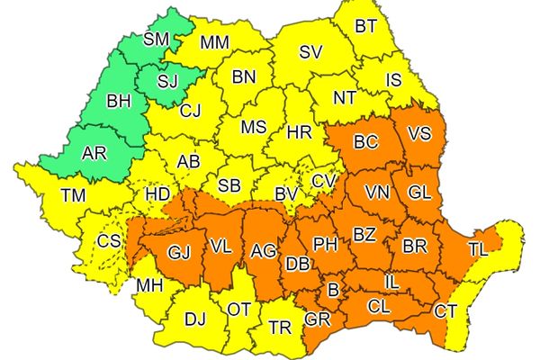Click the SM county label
[x=156, y=40]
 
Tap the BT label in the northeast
[x=365, y=26]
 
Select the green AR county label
[x=94, y=154]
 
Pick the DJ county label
[x=194, y=318]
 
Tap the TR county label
[x=280, y=328]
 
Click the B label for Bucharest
[x=332, y=290]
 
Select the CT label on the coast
[x=445, y=312]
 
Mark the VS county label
[x=419, y=134]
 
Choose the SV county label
[x=310, y=52]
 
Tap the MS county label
[x=254, y=128]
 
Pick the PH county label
[x=324, y=242]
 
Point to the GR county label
[x=317, y=319]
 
